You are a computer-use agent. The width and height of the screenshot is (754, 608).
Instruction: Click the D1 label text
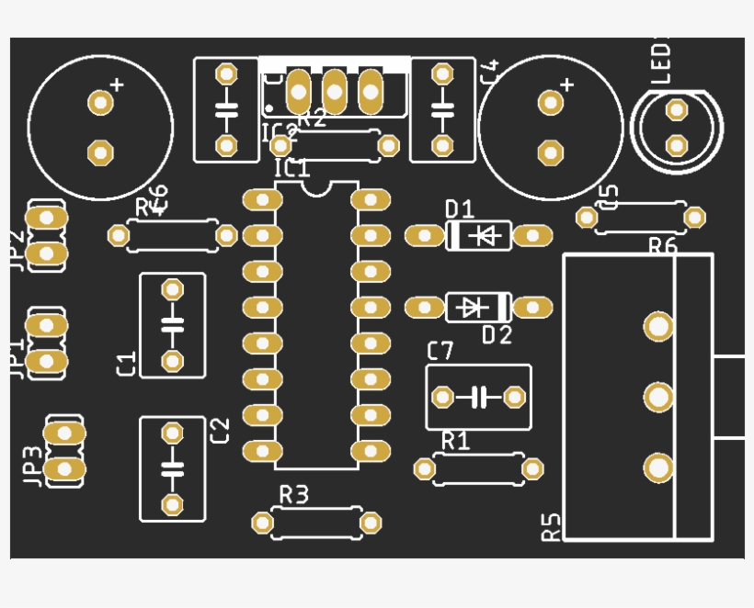click(x=459, y=208)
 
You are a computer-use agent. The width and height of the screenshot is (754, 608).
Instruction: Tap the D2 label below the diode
click(x=497, y=335)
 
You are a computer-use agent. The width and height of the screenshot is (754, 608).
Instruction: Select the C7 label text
click(x=440, y=350)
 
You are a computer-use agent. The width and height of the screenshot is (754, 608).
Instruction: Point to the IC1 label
click(x=292, y=168)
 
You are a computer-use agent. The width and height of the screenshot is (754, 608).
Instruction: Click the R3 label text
click(x=293, y=495)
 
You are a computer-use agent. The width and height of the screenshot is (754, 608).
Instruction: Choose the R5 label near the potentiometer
click(x=551, y=526)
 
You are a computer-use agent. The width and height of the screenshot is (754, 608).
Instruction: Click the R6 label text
click(x=662, y=246)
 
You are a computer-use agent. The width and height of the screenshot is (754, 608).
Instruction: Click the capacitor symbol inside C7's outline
click(x=478, y=398)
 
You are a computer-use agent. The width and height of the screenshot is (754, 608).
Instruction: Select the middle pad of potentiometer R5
click(x=658, y=397)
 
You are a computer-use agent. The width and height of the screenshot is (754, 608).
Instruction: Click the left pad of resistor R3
click(x=263, y=523)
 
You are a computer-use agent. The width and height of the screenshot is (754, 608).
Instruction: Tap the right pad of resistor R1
click(x=532, y=469)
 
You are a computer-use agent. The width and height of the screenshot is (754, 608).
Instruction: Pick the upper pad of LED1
click(x=677, y=111)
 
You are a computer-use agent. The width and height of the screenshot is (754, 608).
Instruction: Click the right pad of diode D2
click(x=532, y=307)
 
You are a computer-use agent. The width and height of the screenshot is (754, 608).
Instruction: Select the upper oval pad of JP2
click(x=46, y=218)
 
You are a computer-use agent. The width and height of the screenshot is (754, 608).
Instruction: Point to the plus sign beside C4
click(x=566, y=85)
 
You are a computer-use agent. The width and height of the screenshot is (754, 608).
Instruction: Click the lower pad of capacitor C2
click(x=172, y=503)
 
